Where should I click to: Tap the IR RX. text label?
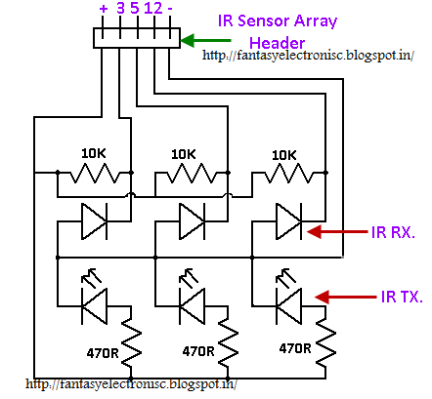[395, 233]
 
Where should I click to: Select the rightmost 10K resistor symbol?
[289, 176]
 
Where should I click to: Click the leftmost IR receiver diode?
[94, 220]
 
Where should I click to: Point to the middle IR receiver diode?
[192, 220]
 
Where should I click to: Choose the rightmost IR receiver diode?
[289, 220]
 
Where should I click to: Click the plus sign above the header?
[104, 9]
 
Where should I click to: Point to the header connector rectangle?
[137, 37]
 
